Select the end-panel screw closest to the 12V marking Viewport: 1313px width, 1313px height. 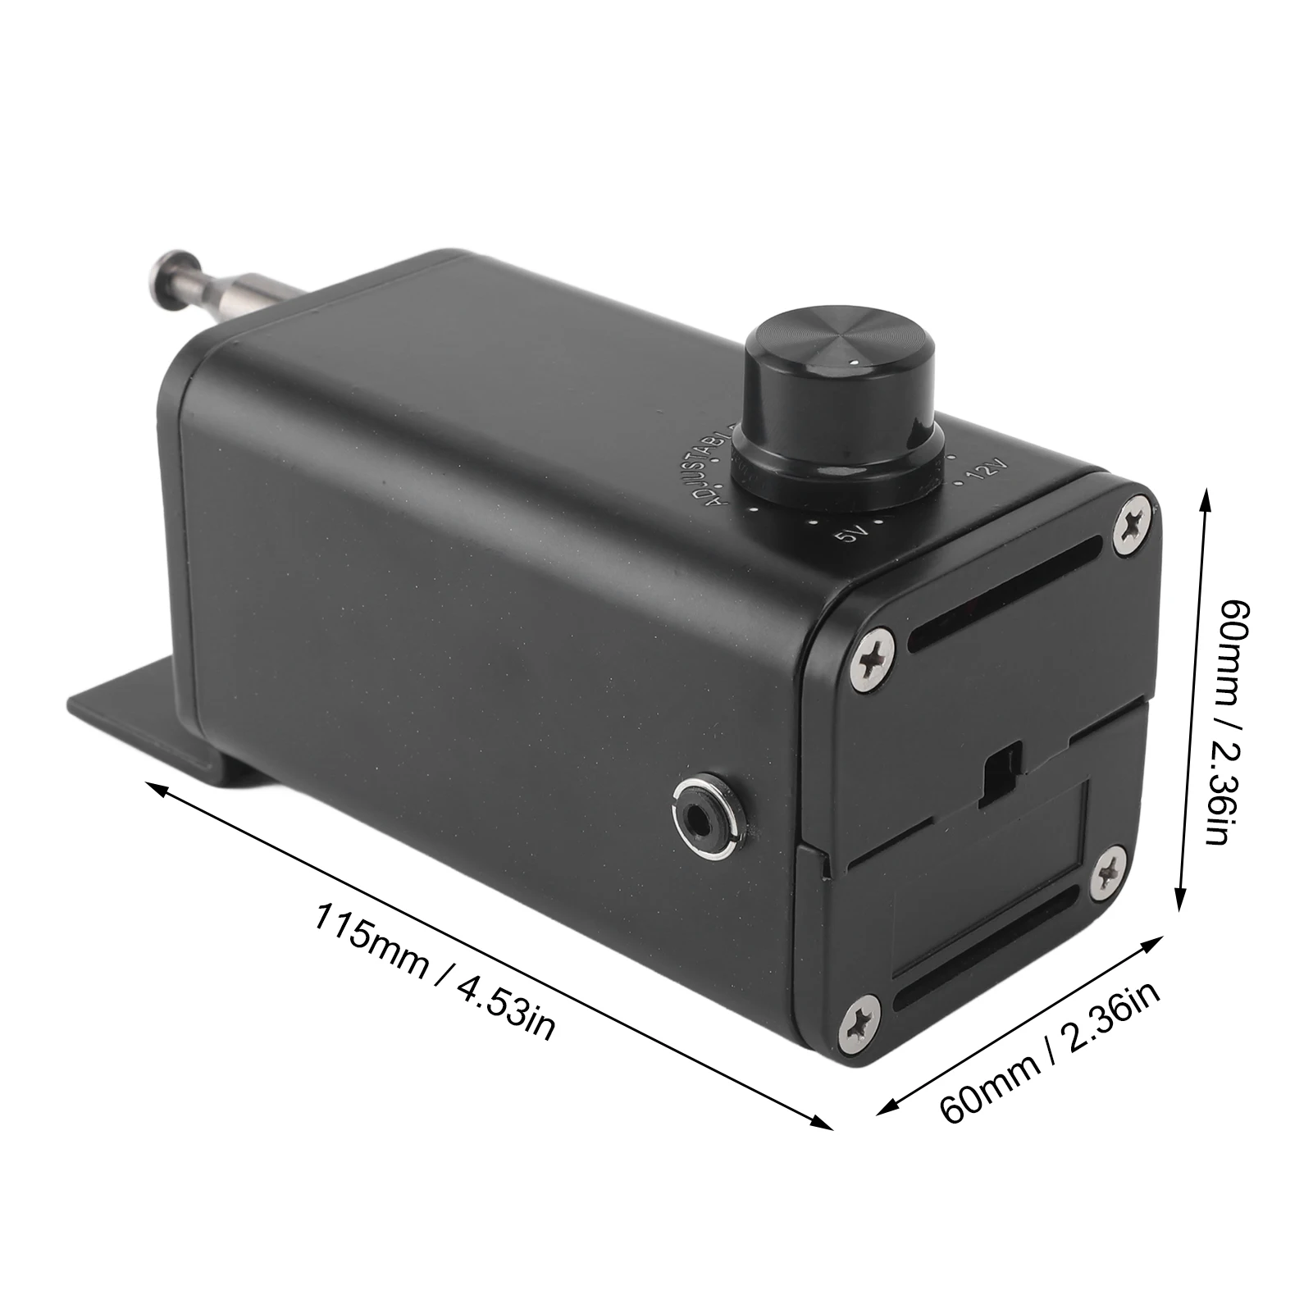(x=1133, y=524)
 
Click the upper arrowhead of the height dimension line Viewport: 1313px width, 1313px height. (x=1206, y=497)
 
